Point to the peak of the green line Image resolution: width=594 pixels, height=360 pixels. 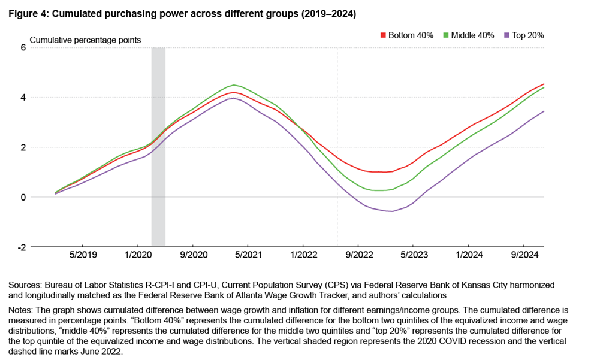click(234, 85)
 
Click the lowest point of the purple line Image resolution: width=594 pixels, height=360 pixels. click(391, 211)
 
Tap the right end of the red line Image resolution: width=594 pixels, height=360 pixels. click(544, 84)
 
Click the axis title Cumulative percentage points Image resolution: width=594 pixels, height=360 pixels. click(85, 40)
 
